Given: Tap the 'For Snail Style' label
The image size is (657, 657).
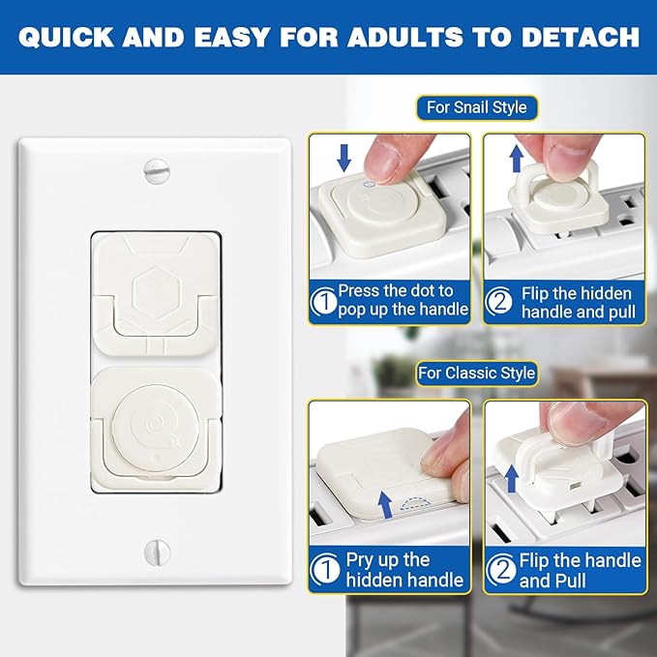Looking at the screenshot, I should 477,107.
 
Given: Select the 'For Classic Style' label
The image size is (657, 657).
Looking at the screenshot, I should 477,373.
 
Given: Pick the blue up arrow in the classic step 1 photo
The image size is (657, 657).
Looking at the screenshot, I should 388,501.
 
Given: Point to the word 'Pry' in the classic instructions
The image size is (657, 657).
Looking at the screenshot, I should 361,559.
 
